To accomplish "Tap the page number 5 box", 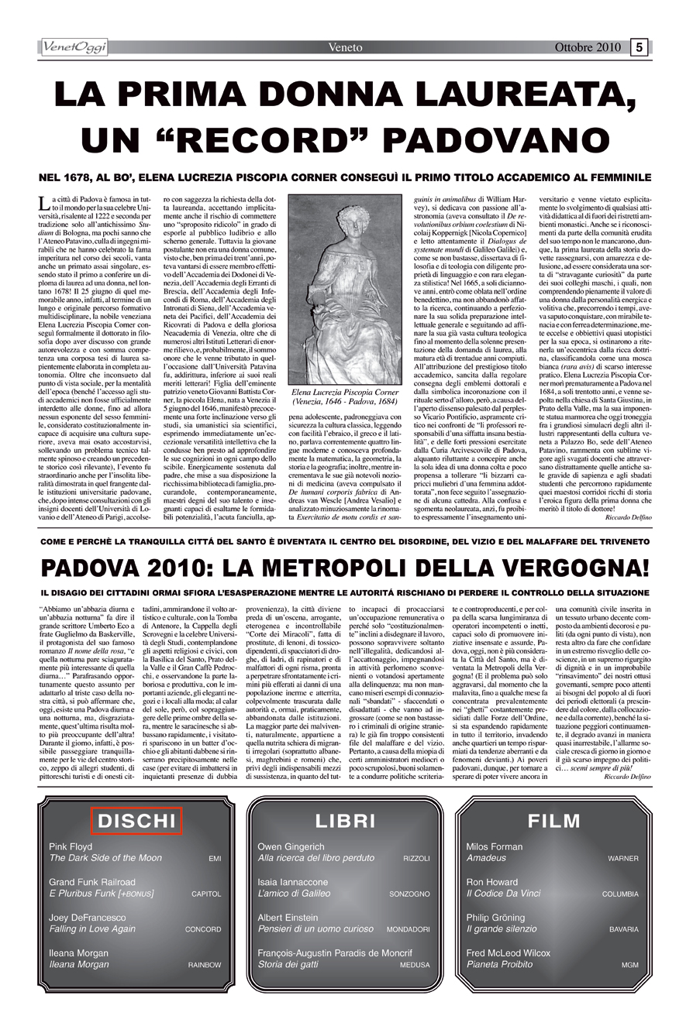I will (640, 47).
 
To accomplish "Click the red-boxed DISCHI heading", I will (136, 821).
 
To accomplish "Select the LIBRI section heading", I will (346, 821).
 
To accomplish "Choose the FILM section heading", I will (554, 821).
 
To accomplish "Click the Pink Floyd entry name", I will (71, 847).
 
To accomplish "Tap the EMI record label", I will (215, 859).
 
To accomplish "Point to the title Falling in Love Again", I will (91, 928).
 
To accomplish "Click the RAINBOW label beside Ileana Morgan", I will (205, 965).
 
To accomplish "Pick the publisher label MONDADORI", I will (408, 929).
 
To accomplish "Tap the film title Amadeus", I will (486, 858).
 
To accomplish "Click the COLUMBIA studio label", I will (620, 894).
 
